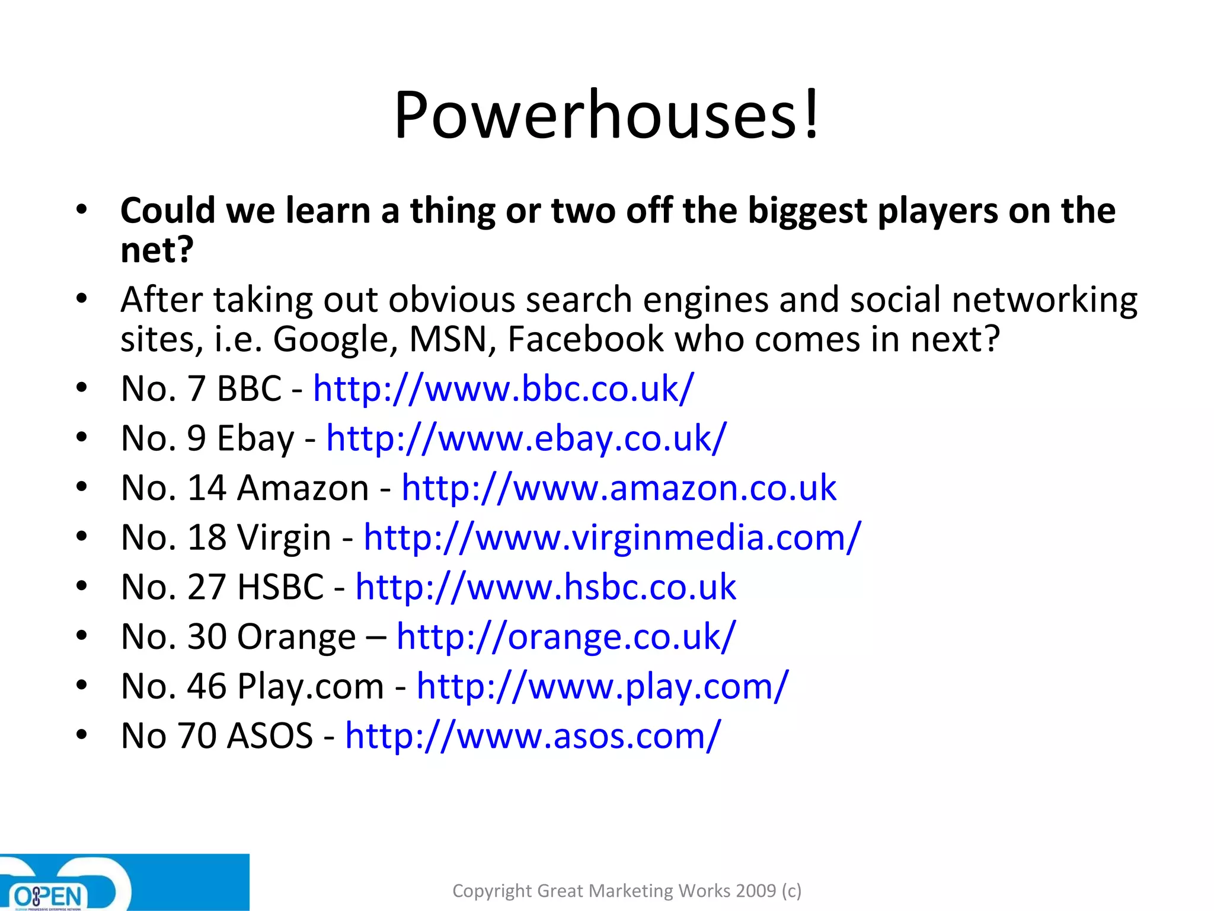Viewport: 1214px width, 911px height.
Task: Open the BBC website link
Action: [503, 389]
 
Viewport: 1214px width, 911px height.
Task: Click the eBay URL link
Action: [526, 439]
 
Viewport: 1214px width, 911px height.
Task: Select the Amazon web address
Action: [619, 488]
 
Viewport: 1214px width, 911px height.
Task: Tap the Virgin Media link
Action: [612, 538]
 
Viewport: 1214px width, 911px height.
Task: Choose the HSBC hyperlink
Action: [545, 587]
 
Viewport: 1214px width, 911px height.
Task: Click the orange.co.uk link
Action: [566, 637]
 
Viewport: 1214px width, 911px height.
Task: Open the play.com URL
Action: [603, 686]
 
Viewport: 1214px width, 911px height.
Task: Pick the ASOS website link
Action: [533, 736]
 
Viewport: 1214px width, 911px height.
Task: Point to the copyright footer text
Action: [627, 890]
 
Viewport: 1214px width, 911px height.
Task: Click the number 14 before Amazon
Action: [207, 488]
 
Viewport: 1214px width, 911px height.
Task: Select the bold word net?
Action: [157, 250]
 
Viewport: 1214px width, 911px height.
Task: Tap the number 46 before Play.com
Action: [207, 686]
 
